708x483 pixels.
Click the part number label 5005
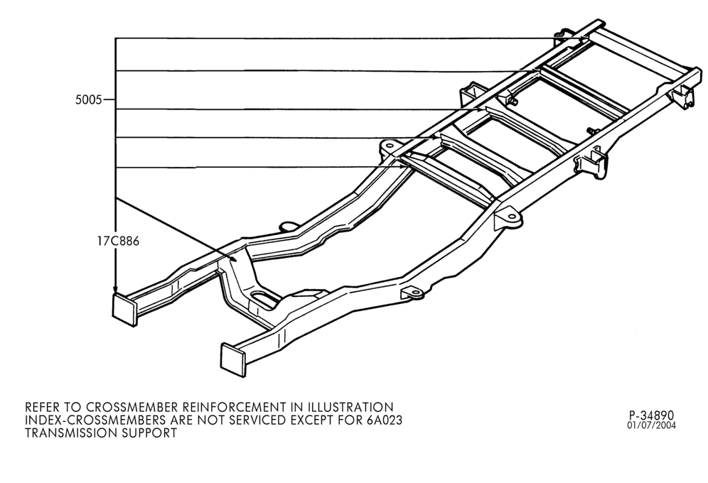click(x=88, y=99)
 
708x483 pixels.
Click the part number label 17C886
click(x=118, y=241)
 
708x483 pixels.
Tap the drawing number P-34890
click(x=651, y=416)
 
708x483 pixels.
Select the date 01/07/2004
click(x=651, y=425)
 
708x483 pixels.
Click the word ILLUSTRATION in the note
click(x=344, y=407)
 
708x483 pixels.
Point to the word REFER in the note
click(x=42, y=407)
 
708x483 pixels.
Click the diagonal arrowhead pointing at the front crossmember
click(x=232, y=258)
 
